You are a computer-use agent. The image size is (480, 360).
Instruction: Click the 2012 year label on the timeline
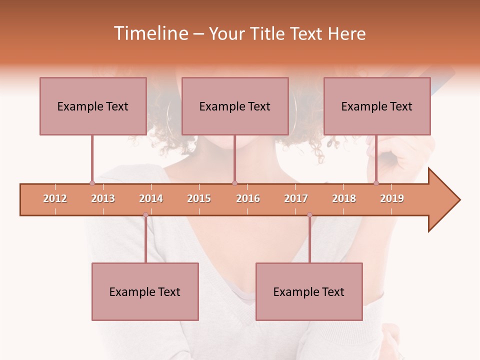pos(55,198)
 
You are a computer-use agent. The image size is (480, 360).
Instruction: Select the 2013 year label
pos(103,198)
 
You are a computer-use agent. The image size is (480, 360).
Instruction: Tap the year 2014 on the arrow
pos(151,198)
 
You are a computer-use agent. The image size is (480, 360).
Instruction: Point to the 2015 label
pos(199,198)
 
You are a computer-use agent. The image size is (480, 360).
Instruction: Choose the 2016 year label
pos(248,198)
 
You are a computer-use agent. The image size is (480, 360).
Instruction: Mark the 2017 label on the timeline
pos(296,198)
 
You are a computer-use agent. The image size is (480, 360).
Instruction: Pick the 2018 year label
pos(344,198)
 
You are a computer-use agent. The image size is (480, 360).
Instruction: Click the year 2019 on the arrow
pos(392,198)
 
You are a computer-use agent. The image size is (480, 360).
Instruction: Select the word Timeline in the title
pos(150,33)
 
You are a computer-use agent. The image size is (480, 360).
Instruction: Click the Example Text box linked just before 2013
pos(93,106)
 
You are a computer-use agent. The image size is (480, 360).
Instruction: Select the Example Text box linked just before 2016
pos(235,106)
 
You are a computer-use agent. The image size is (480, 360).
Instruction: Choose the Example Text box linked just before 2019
pos(377,106)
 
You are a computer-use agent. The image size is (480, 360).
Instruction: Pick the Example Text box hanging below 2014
pos(145,291)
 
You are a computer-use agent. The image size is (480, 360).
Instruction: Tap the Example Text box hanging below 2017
pos(309,291)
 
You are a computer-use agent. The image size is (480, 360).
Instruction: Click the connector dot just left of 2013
pos(92,183)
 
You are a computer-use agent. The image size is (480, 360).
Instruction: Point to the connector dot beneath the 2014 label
pos(145,215)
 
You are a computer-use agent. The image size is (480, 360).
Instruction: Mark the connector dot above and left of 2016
pos(234,183)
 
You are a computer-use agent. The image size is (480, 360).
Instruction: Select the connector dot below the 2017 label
pos(309,215)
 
